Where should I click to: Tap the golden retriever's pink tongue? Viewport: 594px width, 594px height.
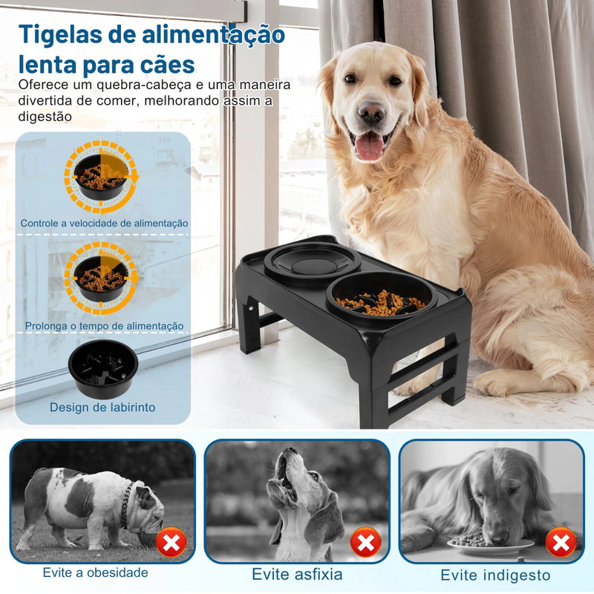pos(369,146)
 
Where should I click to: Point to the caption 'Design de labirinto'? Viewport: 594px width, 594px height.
pos(102,407)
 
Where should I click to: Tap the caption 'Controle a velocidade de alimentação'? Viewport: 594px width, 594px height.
pos(104,223)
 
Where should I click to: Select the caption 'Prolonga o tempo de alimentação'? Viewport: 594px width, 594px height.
pos(104,325)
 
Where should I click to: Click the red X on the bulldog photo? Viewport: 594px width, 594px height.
pos(172,544)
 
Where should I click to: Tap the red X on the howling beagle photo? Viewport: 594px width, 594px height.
pos(365,543)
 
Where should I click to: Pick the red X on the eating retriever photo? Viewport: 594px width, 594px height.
pos(561,543)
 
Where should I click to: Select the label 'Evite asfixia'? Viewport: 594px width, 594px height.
pos(297,574)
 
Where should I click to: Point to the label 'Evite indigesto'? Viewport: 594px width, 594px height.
pos(495,575)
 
